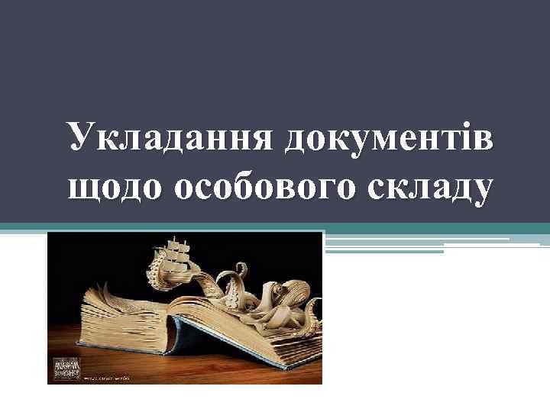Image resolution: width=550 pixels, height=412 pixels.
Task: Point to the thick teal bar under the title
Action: tap(275, 227)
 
